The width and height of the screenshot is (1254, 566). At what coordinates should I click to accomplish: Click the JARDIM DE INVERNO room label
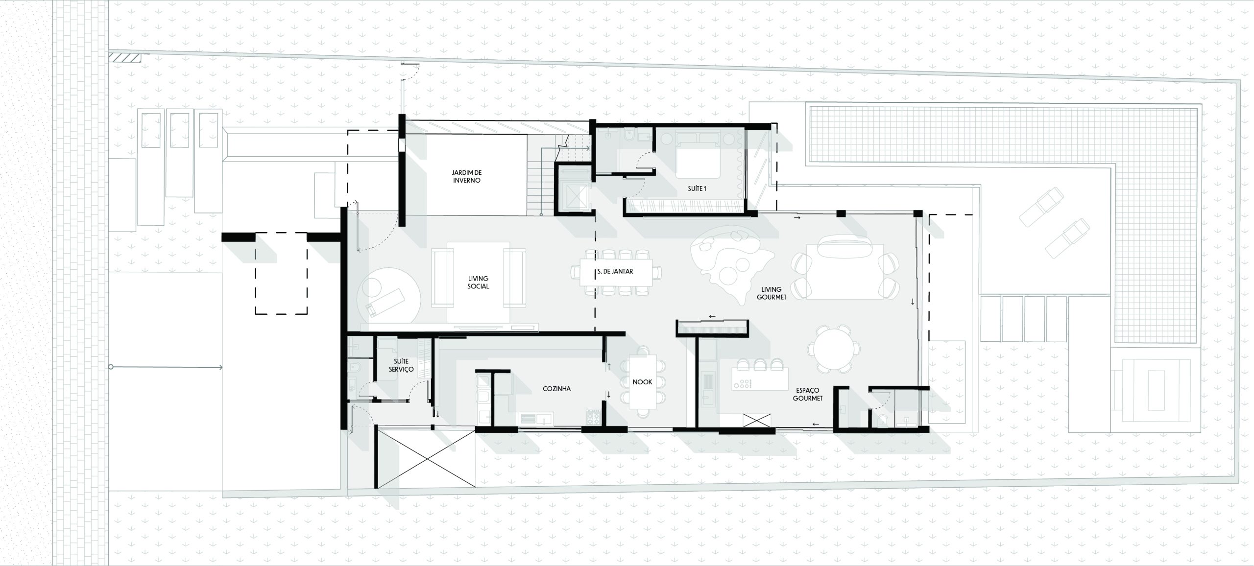pos(466,176)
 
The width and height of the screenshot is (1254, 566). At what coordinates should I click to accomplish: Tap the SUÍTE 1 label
pos(697,188)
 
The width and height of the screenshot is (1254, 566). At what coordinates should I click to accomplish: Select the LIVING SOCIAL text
pos(478,283)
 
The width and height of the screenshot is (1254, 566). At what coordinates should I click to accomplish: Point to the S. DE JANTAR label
pos(615,271)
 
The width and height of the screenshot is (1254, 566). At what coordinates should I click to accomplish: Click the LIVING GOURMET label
pos(771,293)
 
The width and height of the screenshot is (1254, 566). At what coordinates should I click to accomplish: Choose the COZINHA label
pos(556,389)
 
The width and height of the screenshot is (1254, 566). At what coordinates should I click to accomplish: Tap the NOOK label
pos(642,382)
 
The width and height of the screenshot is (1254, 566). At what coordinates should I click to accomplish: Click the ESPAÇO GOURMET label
pos(808,394)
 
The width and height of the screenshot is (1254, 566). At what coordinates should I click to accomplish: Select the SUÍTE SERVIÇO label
pos(401,365)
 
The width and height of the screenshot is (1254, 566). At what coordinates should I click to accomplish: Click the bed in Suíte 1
pos(698,162)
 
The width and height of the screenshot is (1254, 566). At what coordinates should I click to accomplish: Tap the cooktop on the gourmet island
pos(746,384)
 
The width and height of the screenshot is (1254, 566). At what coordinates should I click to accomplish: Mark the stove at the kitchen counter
pos(593,418)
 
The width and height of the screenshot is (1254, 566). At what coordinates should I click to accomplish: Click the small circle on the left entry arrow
pos(111,367)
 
